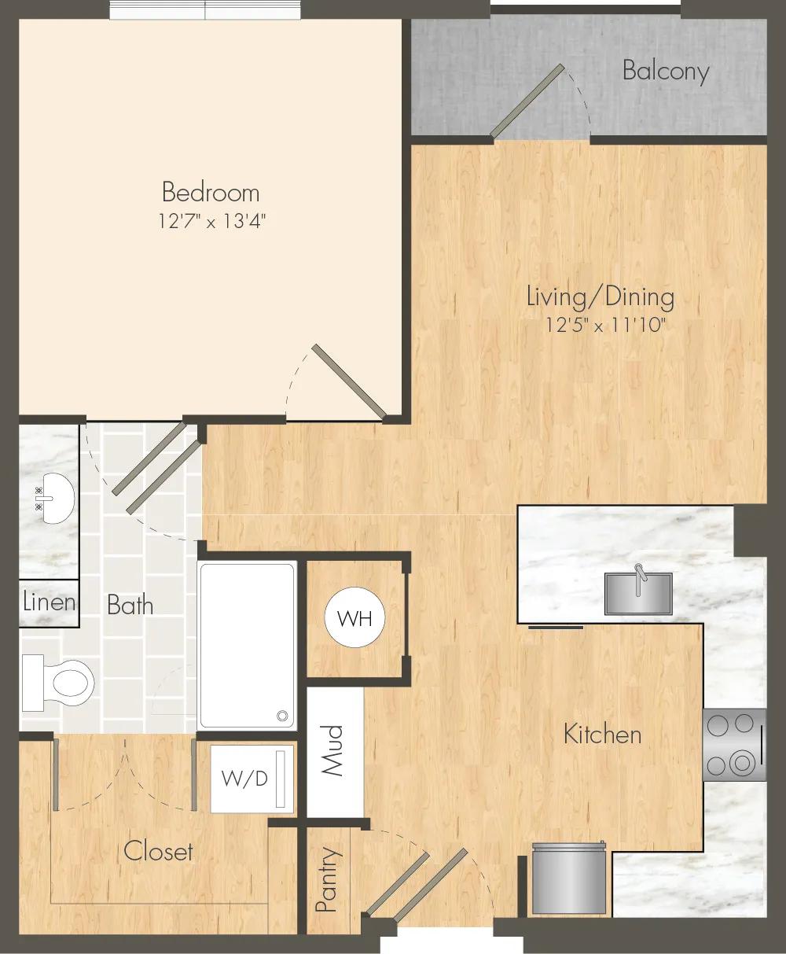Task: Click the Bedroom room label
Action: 211,193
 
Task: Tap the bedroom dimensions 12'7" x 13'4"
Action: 212,222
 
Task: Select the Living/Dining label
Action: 601,297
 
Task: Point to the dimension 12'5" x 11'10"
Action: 605,326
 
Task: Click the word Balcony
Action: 666,72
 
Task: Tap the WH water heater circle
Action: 354,618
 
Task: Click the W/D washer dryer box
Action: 252,779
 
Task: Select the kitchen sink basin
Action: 638,593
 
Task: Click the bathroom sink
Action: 54,498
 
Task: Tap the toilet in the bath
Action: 58,683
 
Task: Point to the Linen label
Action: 49,602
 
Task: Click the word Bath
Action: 130,606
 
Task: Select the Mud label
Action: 332,750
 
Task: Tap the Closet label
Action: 158,851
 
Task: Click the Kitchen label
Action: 602,735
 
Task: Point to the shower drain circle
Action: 283,716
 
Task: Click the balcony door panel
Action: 527,101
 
